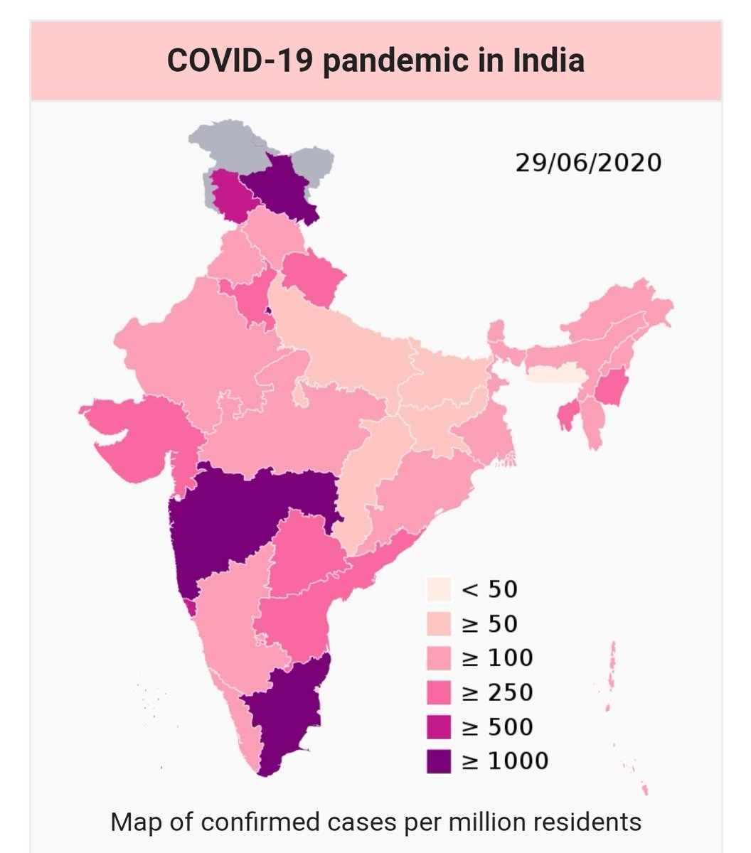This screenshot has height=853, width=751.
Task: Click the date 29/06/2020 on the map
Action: (x=588, y=162)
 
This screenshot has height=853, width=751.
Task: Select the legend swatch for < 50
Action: (x=439, y=589)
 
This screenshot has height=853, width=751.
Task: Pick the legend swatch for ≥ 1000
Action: (x=439, y=761)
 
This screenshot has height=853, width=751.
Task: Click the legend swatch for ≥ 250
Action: (x=439, y=692)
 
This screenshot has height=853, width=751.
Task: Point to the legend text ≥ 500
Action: (x=497, y=726)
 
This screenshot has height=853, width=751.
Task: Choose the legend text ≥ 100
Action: (x=497, y=658)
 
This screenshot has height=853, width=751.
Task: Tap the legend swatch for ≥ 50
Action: (x=439, y=623)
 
